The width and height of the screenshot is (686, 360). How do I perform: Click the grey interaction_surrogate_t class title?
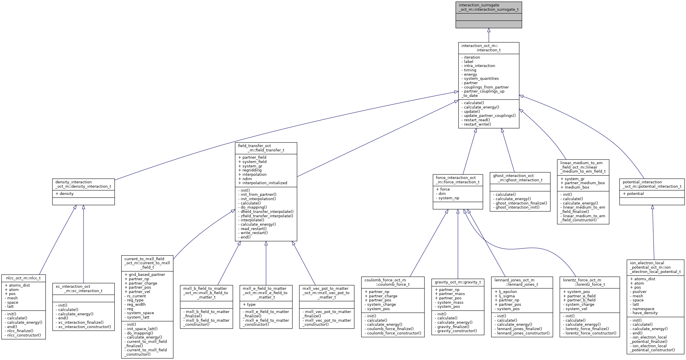coord(488,7)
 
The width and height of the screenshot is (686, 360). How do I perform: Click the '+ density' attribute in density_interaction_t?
coord(64,193)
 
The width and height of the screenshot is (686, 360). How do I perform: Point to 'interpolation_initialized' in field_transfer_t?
coord(263,183)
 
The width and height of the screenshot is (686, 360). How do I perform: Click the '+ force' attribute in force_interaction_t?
coord(443,189)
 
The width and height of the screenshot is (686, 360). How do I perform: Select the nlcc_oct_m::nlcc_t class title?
coord(23,278)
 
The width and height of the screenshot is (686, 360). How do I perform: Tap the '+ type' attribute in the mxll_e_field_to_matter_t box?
coord(249,304)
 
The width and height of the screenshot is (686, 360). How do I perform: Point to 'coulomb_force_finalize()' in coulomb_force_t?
coord(390,329)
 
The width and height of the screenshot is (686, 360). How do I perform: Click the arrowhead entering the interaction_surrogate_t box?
coord(489,30)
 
